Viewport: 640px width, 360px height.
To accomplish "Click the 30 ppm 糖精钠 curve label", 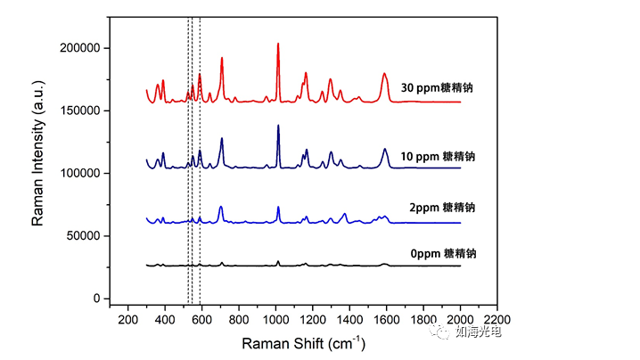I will (437, 88).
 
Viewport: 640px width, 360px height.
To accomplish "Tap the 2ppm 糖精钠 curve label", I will (443, 207).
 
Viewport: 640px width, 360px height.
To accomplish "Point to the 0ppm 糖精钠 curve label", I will (443, 253).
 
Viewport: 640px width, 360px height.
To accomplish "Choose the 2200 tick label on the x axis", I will (496, 318).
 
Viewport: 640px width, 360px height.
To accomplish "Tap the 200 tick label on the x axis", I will (128, 318).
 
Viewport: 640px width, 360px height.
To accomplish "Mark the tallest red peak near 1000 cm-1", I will (278, 44).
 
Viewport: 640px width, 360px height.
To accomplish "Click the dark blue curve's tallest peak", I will (278, 126).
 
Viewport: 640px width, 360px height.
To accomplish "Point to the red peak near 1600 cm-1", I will (385, 74).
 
